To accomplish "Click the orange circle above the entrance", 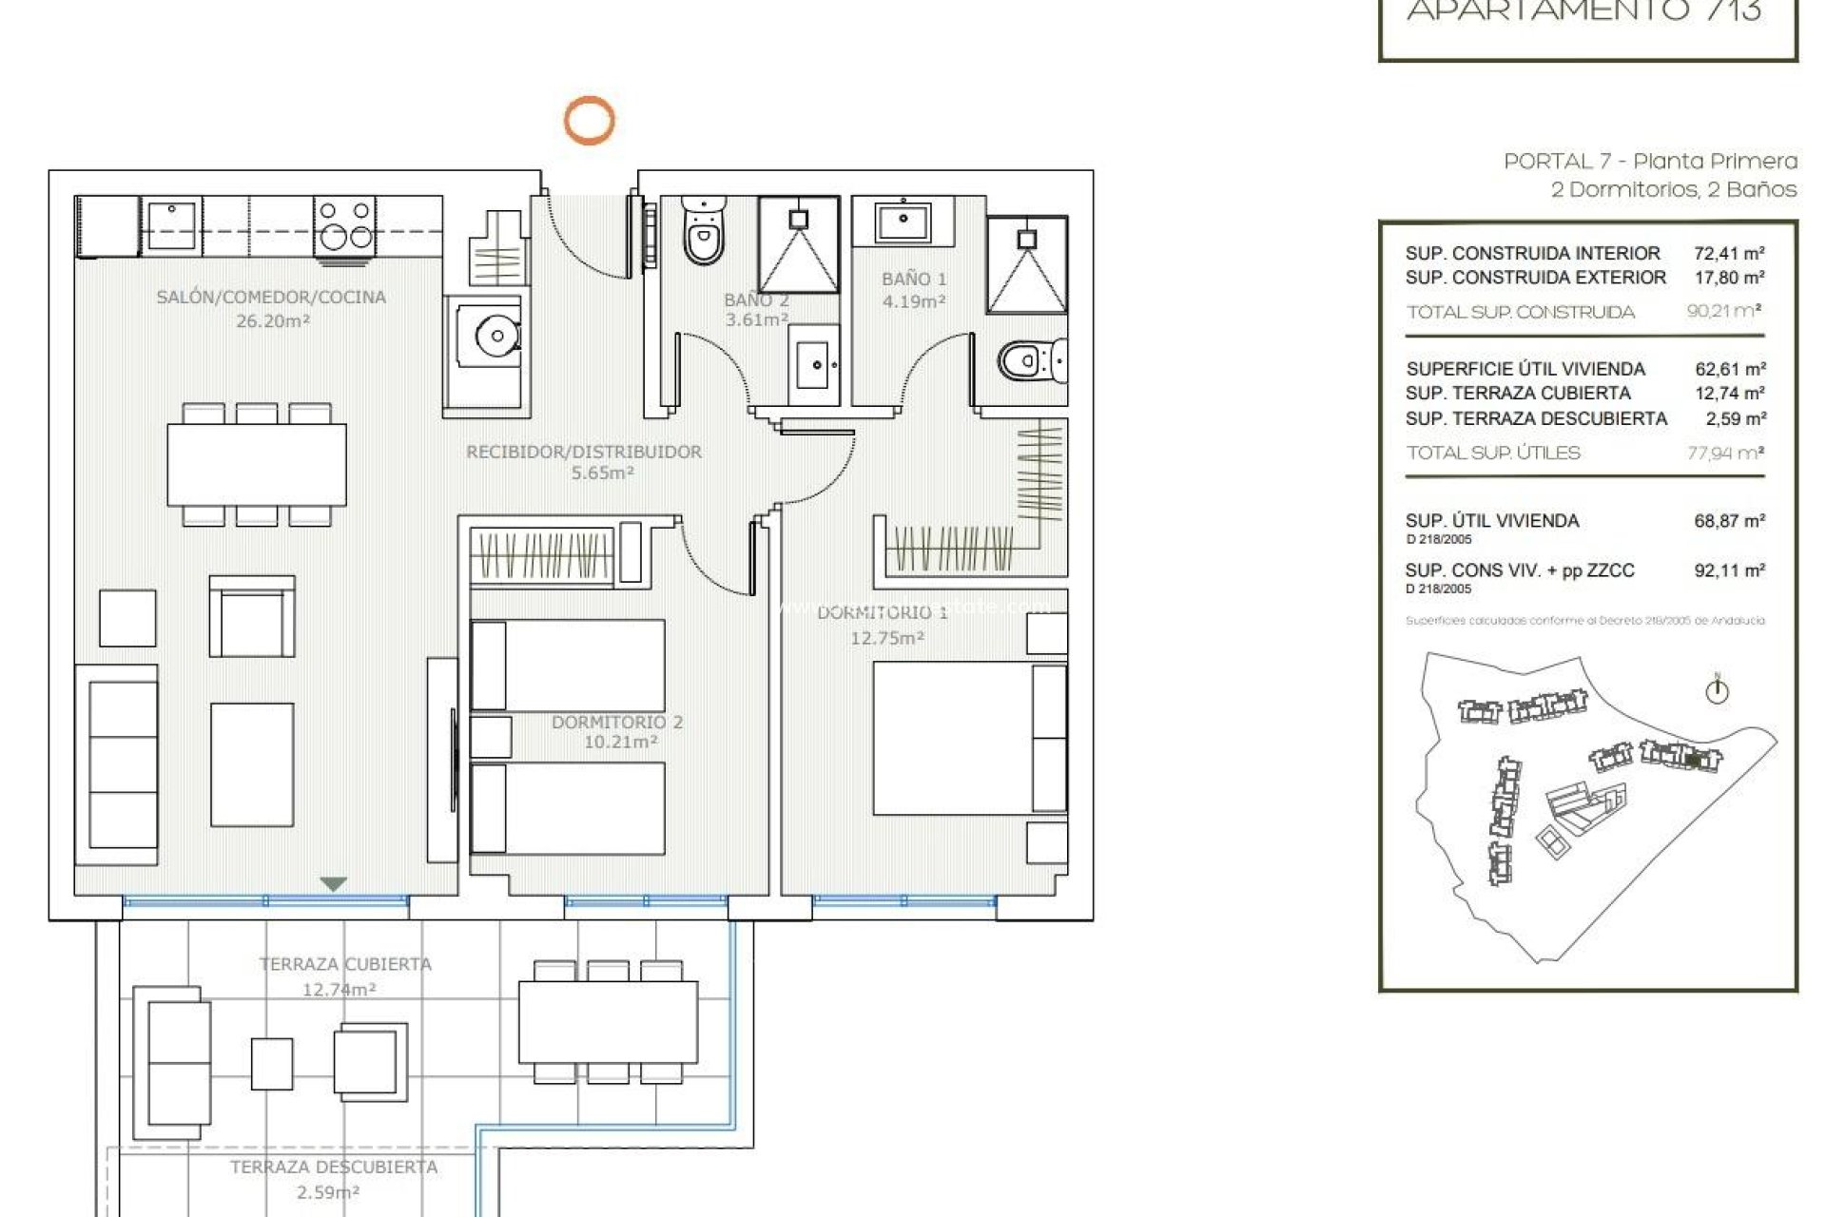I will tap(589, 121).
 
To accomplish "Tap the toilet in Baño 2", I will tap(703, 233).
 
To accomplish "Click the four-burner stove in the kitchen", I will tap(344, 225).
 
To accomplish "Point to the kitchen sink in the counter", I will tap(171, 225).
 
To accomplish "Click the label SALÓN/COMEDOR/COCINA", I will tap(271, 298).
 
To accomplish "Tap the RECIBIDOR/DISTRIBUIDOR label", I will tap(584, 452).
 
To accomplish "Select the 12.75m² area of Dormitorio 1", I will tap(886, 638).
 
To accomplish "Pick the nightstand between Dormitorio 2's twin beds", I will tap(491, 737).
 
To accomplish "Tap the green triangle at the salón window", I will tap(333, 884).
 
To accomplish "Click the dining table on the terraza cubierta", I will tap(608, 1022).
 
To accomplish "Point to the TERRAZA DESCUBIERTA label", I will tap(334, 1167).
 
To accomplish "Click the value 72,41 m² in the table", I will tap(1729, 253).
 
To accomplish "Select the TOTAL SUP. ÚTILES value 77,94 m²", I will tap(1725, 453).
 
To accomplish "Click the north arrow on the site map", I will tap(1717, 690).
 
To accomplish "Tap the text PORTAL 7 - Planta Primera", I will tap(1650, 161).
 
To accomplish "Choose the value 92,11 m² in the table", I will tap(1729, 570).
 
